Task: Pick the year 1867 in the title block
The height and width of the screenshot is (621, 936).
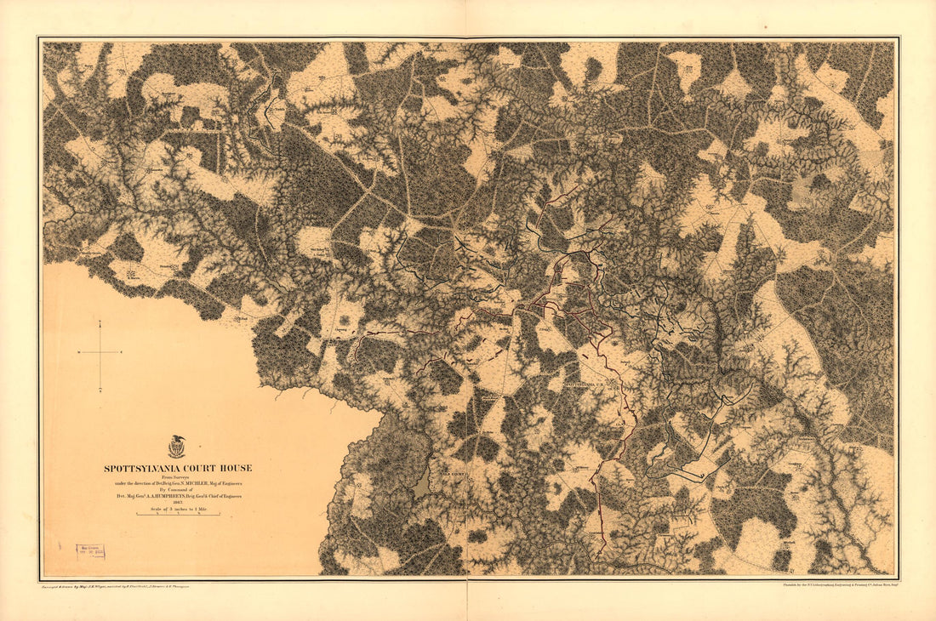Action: (178, 502)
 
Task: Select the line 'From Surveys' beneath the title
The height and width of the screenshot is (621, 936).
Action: (178, 476)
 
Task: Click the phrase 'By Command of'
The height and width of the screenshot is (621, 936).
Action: (176, 490)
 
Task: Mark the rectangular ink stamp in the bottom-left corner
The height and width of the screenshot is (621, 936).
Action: (91, 550)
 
